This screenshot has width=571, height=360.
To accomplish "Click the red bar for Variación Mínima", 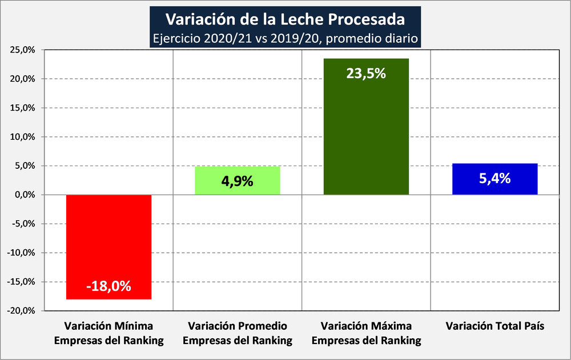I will tap(108, 240).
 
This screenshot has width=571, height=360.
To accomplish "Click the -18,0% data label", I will tap(108, 286).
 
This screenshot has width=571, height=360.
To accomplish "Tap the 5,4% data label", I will tap(494, 179).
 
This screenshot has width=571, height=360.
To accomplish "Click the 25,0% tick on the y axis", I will tap(22, 50).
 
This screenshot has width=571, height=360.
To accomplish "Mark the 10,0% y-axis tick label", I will tap(22, 137).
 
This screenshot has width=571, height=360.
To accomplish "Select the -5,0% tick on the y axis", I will tap(23, 224).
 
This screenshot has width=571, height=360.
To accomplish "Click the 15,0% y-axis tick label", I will tap(22, 108).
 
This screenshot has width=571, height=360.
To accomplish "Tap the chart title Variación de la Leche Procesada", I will tap(285, 19).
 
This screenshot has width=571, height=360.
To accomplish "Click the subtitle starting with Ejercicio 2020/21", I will tap(285, 38).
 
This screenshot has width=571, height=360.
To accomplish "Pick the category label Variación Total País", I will tap(494, 327).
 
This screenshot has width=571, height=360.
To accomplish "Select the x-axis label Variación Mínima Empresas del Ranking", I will tap(108, 334).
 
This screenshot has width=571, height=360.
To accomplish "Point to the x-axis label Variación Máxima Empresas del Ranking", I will tap(366, 334).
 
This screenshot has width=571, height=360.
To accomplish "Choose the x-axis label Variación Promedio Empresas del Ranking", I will tap(237, 334).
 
